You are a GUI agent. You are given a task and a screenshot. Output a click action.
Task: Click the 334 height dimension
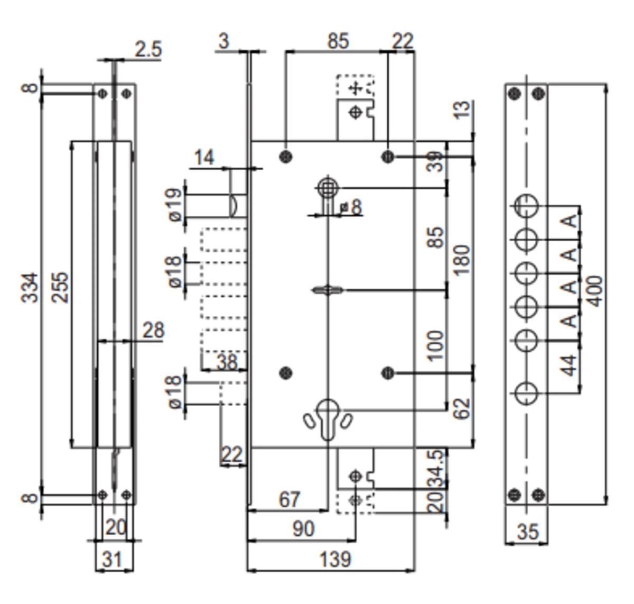(31, 288)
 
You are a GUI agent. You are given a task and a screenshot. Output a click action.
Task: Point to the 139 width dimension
(335, 559)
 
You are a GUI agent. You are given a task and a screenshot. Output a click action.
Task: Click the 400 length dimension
(594, 290)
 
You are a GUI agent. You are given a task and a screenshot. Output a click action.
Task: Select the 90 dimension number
(303, 528)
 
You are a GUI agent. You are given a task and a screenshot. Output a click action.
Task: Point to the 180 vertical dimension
(461, 260)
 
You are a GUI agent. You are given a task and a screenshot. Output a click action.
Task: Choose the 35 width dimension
(527, 532)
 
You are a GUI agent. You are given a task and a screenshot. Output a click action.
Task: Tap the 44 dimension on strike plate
(568, 365)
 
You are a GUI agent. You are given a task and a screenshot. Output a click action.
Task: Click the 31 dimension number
(111, 559)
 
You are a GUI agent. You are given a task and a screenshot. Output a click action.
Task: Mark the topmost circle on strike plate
(526, 205)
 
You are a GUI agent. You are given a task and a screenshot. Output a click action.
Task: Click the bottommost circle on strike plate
(526, 393)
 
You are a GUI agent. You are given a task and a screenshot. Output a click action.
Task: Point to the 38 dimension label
(227, 362)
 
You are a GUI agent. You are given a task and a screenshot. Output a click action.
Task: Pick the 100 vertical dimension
(435, 346)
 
